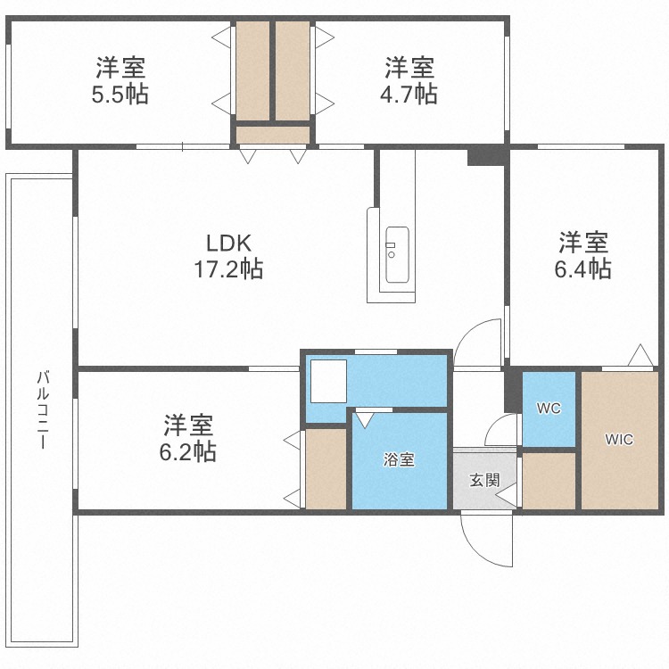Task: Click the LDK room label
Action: (230, 243)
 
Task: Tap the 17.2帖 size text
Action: (229, 268)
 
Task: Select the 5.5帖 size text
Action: (120, 94)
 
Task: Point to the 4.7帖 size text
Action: (409, 94)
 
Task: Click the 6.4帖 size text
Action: (583, 268)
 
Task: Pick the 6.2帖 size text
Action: (187, 451)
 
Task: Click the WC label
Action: (548, 409)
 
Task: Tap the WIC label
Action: (619, 440)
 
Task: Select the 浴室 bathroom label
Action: (399, 460)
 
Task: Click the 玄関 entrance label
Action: (484, 479)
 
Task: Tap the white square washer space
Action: (326, 382)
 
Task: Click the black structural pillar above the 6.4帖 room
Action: (487, 155)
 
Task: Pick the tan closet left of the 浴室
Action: (326, 469)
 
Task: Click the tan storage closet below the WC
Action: (549, 481)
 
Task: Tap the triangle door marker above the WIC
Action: (640, 356)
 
